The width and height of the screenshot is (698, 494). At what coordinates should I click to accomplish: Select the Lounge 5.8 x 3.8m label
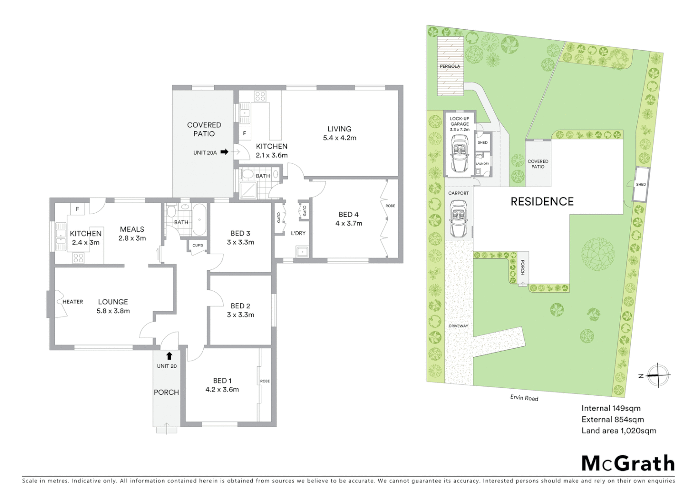tap(113, 306)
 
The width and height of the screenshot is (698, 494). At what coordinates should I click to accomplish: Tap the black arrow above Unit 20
tap(169, 355)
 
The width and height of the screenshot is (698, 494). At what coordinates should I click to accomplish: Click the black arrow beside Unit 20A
tap(224, 152)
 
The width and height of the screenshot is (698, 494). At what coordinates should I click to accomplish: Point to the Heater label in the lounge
tap(73, 301)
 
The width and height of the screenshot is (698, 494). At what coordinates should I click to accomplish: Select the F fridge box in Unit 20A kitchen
tap(244, 134)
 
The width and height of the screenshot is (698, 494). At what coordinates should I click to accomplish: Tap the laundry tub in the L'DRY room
tap(301, 252)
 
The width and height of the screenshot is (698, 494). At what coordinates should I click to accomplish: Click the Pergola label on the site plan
tap(450, 66)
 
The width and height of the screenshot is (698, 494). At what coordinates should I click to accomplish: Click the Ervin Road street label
tap(524, 398)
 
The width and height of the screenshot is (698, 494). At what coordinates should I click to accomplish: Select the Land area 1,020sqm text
tap(619, 430)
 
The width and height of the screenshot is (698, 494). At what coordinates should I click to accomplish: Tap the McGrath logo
tap(628, 463)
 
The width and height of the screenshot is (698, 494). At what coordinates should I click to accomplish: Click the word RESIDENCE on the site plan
tap(542, 201)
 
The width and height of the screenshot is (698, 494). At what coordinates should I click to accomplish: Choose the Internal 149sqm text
tap(611, 408)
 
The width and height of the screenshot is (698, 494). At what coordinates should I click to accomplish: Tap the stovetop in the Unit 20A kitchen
tap(260, 97)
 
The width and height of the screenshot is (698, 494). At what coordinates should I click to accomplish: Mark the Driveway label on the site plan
tap(459, 326)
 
